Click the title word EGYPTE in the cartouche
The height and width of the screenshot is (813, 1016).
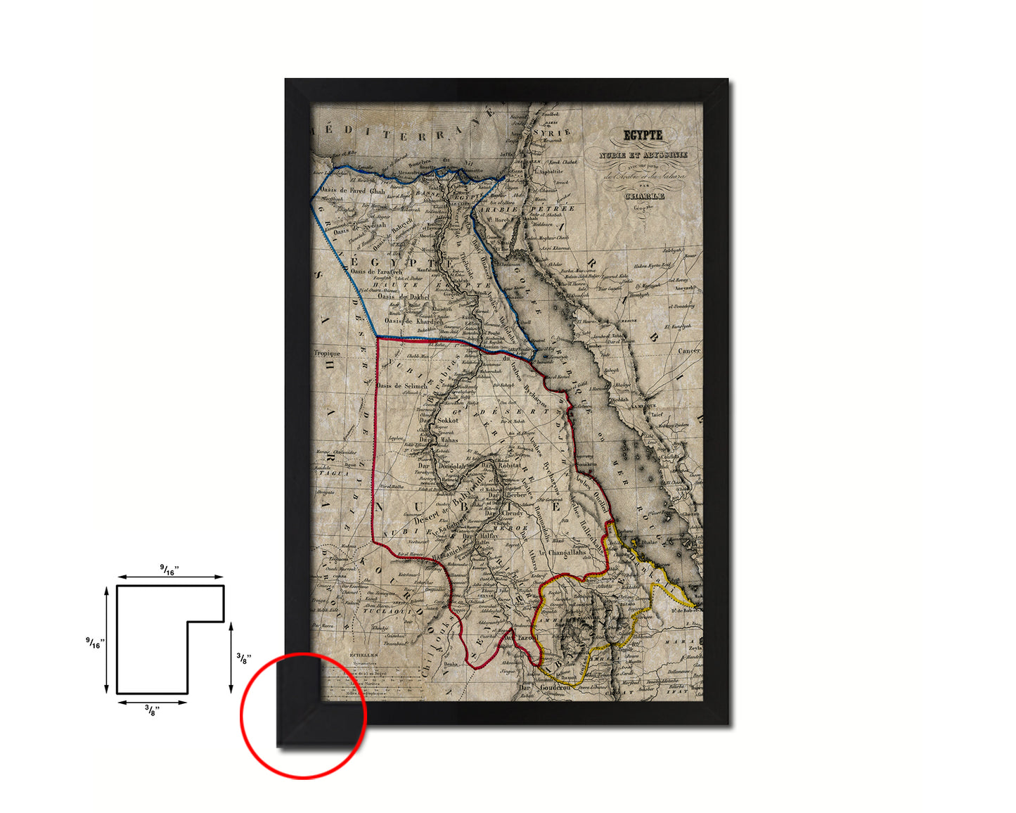pyautogui.click(x=643, y=135)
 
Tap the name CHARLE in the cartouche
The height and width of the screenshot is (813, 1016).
pyautogui.click(x=644, y=196)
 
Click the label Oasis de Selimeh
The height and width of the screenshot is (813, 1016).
pyautogui.click(x=402, y=386)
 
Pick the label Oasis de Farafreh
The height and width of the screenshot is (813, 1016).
pyautogui.click(x=376, y=271)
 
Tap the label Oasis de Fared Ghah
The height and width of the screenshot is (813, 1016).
pyautogui.click(x=352, y=191)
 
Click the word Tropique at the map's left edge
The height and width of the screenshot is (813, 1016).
pyautogui.click(x=327, y=354)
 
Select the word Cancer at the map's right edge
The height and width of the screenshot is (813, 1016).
pyautogui.click(x=688, y=350)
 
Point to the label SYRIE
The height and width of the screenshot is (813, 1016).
pyautogui.click(x=555, y=132)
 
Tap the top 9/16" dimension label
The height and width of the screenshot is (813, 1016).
pyautogui.click(x=169, y=570)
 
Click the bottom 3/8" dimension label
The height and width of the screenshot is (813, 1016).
pyautogui.click(x=152, y=710)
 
